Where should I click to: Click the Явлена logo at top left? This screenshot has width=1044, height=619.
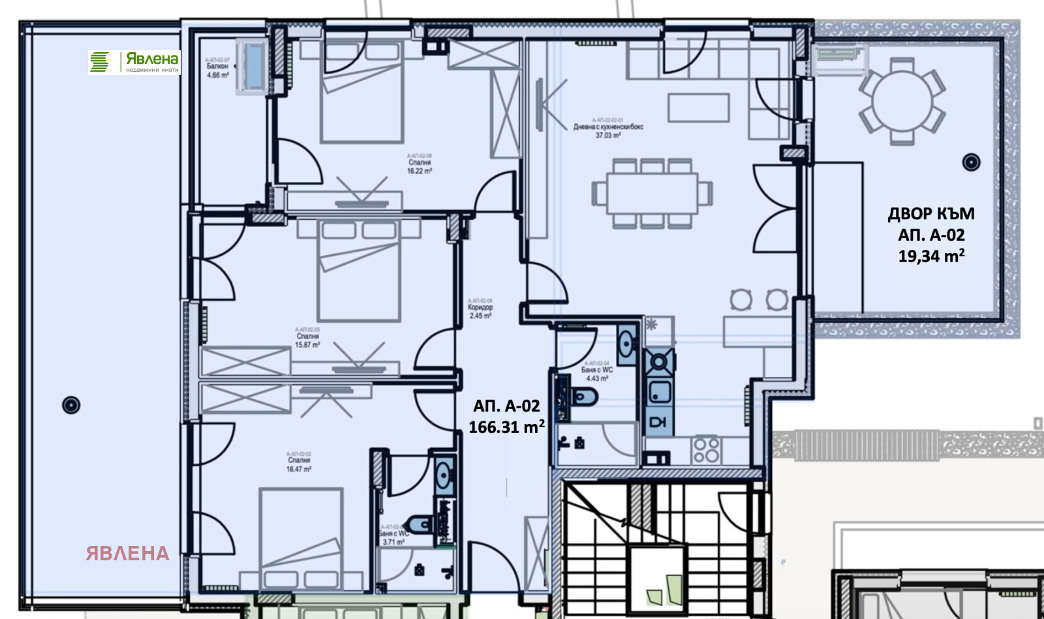[134, 62]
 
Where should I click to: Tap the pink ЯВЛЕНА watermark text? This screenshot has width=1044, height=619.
[128, 553]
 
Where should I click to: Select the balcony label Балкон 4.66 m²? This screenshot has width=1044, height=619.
[218, 68]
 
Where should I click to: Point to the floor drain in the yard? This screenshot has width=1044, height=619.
[972, 162]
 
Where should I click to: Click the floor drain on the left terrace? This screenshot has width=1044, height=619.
[71, 405]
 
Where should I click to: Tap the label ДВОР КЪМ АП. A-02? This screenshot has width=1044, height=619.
[931, 234]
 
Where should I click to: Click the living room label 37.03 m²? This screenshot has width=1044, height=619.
[608, 130]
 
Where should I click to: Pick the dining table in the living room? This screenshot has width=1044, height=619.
[652, 193]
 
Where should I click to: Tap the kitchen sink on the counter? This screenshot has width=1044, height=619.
[659, 392]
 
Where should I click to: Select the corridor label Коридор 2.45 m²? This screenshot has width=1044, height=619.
[480, 310]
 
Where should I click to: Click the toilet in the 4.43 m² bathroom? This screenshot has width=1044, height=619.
[583, 396]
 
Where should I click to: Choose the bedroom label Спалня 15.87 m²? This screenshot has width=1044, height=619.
[307, 339]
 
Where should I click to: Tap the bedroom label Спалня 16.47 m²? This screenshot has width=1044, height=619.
[299, 463]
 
